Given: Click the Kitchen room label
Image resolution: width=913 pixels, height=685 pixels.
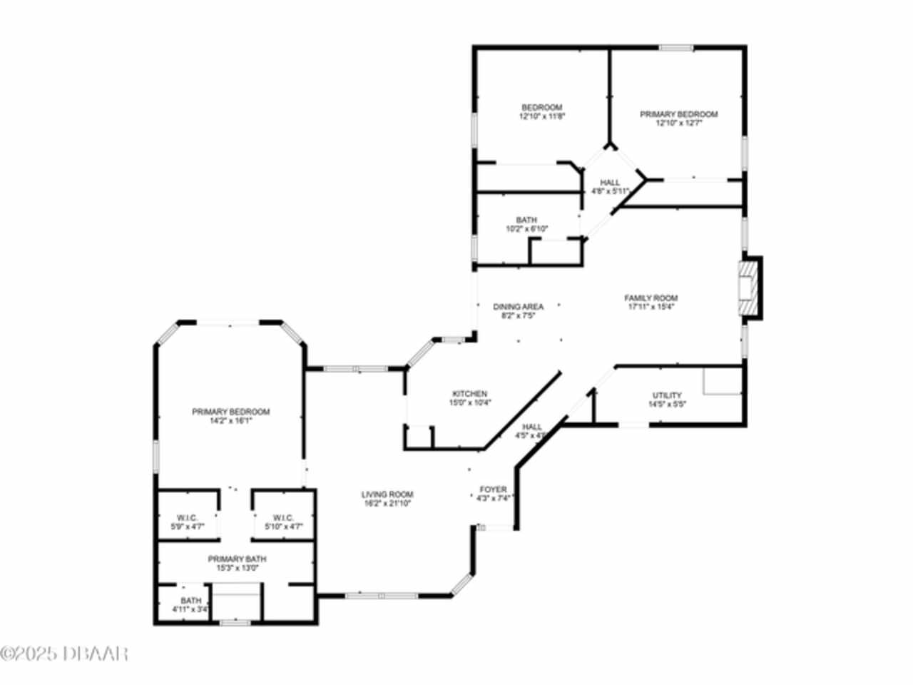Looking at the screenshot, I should pyautogui.click(x=470, y=393).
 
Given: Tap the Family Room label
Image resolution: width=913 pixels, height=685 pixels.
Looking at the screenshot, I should pyautogui.click(x=651, y=298).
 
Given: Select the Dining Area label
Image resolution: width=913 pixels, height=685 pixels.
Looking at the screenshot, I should pyautogui.click(x=518, y=307).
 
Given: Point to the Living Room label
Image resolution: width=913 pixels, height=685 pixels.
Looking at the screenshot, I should pyautogui.click(x=387, y=494).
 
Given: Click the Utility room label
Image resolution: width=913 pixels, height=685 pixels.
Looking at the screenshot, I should pyautogui.click(x=667, y=395).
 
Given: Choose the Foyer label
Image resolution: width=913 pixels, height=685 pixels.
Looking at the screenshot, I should pyautogui.click(x=493, y=489).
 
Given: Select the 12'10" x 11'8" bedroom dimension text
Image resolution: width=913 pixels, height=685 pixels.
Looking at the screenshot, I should pyautogui.click(x=542, y=116).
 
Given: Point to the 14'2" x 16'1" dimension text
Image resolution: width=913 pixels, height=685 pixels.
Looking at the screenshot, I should pyautogui.click(x=231, y=421).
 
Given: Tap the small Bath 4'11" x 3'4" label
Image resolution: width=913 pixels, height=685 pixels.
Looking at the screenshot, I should pyautogui.click(x=190, y=605).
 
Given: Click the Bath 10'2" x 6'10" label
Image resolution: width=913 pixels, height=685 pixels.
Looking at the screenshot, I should pyautogui.click(x=527, y=224).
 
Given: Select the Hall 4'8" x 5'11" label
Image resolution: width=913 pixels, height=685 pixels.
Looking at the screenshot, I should pyautogui.click(x=610, y=187).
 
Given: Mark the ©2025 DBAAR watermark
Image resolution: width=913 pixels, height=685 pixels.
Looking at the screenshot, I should pyautogui.click(x=64, y=653).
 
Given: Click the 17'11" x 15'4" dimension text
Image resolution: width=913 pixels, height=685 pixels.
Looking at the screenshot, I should pyautogui.click(x=651, y=307).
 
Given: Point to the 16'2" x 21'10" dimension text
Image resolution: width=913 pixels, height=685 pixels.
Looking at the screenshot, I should pyautogui.click(x=387, y=502).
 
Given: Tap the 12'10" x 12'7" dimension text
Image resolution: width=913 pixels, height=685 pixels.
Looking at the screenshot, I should pyautogui.click(x=679, y=123).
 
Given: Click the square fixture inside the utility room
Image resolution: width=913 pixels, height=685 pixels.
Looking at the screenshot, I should pyautogui.click(x=723, y=381).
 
